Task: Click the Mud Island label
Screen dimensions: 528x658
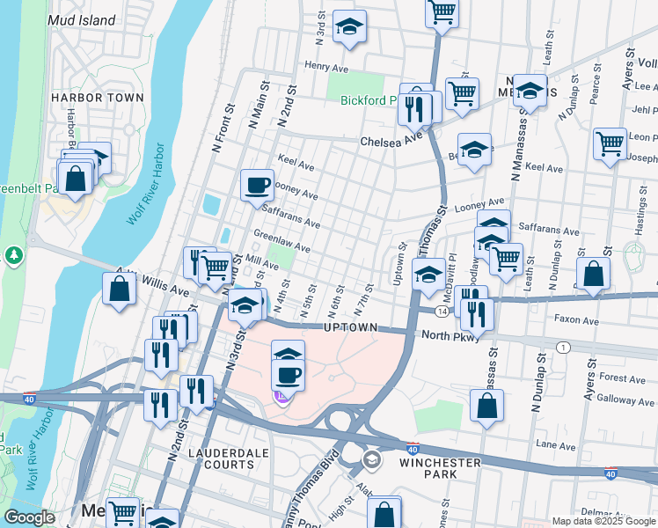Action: click(x=83, y=19)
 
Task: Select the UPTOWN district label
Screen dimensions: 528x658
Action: click(x=350, y=327)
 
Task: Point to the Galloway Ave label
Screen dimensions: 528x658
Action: click(x=626, y=400)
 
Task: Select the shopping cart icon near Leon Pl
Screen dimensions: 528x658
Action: click(x=609, y=143)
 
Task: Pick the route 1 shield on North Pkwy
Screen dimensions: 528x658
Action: click(x=560, y=348)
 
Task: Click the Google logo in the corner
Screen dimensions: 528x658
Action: click(x=29, y=517)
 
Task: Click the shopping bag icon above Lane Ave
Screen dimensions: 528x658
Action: click(x=486, y=407)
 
